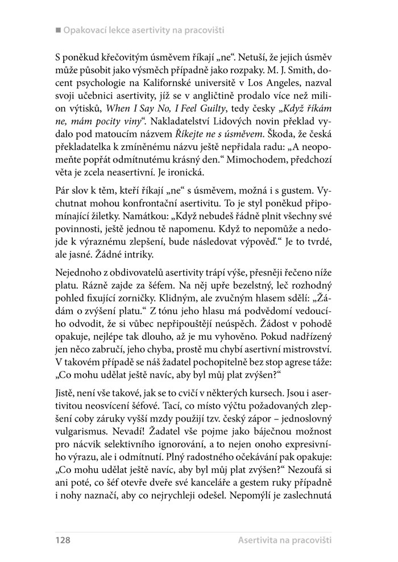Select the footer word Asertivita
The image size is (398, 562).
point(262,536)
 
